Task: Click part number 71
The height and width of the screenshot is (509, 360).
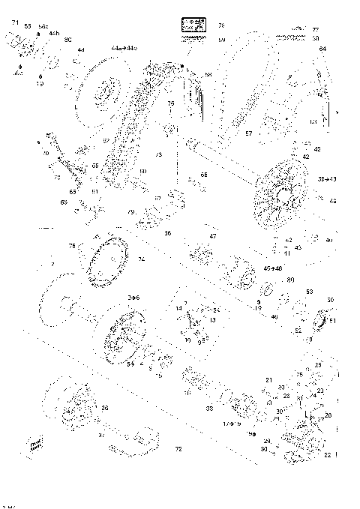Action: coord(14,23)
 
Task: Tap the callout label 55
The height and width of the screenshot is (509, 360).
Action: coord(28,26)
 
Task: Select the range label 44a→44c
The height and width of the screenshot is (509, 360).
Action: coord(124,48)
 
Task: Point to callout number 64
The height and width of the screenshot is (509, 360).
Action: coord(322,49)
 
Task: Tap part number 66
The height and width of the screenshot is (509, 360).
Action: coord(204,175)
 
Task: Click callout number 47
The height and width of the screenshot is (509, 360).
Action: coord(213,236)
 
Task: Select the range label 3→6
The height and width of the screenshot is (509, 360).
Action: coord(133,298)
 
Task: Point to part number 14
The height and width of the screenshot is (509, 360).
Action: coord(178,308)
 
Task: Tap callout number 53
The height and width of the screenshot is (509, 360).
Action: coord(309,292)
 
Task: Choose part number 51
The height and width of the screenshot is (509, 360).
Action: coord(334,321)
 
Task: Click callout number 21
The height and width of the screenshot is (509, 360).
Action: coord(268,381)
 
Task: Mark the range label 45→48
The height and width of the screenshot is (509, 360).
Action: coord(272,268)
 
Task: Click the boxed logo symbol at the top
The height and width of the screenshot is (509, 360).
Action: coord(194,26)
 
